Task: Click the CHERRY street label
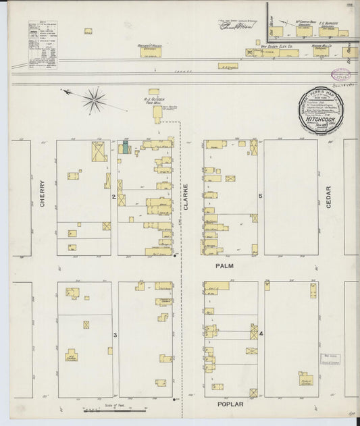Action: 42,192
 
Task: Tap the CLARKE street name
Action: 185,197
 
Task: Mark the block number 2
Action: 114,196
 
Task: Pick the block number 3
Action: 115,335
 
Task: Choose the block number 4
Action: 260,334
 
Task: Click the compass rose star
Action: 95,100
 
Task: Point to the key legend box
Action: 43,45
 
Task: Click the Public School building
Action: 306,379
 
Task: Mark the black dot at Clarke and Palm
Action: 176,257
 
